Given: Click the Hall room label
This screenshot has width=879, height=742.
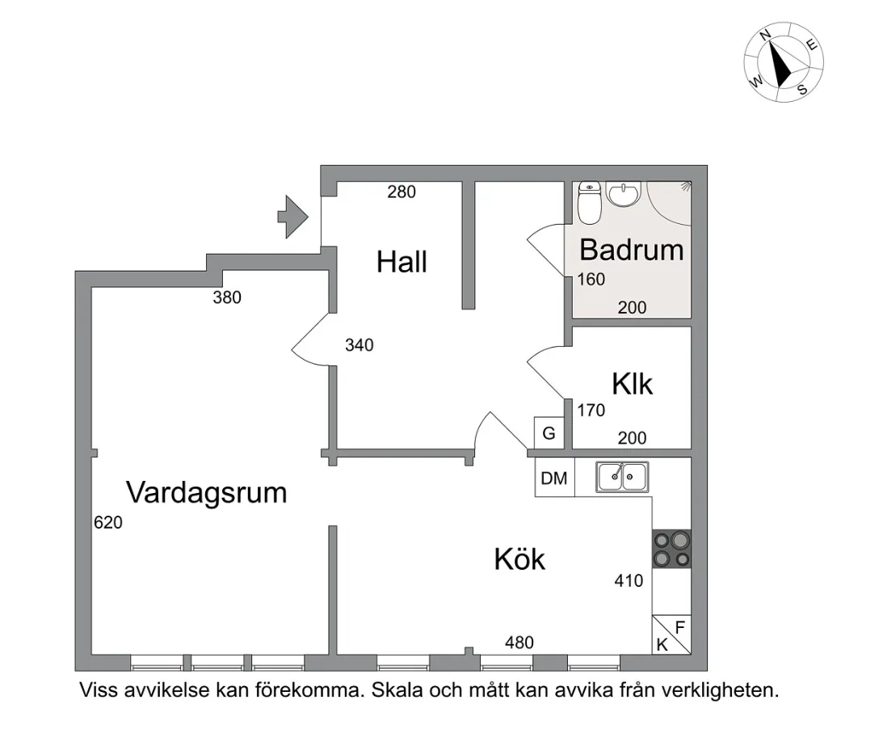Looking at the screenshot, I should click(402, 262).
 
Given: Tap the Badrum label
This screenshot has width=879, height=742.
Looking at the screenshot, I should click(631, 250).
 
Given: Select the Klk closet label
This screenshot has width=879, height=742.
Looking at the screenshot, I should click(632, 383).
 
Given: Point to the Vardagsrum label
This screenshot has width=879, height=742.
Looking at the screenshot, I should click(207, 491).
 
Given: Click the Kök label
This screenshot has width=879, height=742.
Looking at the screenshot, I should click(519, 559).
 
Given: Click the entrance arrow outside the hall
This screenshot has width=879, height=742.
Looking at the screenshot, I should click(292, 217).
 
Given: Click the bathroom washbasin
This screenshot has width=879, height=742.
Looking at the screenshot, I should click(622, 195).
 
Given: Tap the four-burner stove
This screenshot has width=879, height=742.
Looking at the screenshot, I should click(672, 548).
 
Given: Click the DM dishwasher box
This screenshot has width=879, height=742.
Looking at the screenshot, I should click(554, 478).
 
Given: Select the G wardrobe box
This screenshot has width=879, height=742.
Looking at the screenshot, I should click(549, 433).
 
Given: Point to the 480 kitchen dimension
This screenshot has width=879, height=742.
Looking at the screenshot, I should click(519, 643).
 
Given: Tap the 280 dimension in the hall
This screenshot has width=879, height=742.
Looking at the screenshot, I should click(402, 192).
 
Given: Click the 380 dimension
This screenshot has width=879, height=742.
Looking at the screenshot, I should click(227, 297).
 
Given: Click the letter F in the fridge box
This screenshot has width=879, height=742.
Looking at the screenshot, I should click(680, 626).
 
